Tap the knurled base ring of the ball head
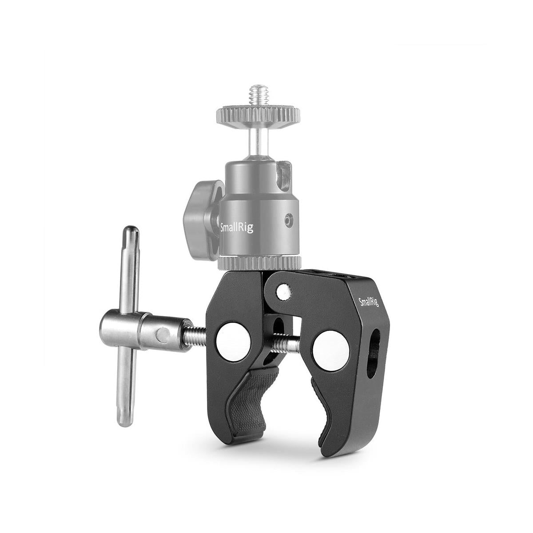[x=259, y=262]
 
